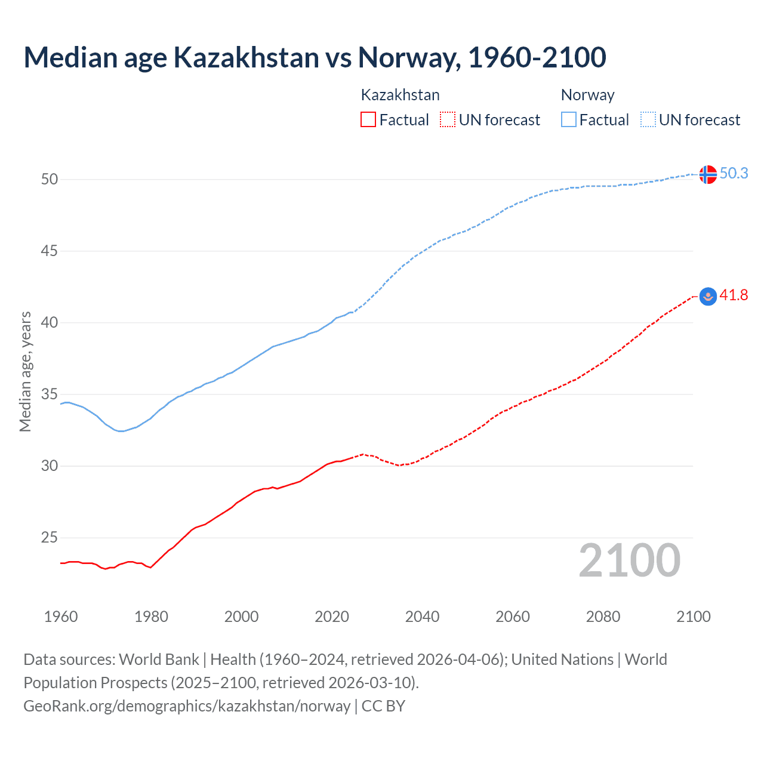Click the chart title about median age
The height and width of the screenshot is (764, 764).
[x=315, y=57]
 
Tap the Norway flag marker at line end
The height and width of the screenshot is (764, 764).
[x=707, y=174]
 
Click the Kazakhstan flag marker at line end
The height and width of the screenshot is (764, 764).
[x=707, y=296]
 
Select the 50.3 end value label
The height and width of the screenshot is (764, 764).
[x=734, y=173]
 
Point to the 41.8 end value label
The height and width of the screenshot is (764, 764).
[x=734, y=295]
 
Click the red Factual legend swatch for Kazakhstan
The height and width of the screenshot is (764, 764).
[x=368, y=120]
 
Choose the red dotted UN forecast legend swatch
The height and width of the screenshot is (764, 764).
[x=448, y=120]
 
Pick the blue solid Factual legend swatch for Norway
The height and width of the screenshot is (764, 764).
[x=569, y=120]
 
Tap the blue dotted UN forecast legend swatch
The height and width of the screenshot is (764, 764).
[x=648, y=120]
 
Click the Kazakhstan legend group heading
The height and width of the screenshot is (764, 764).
[x=400, y=95]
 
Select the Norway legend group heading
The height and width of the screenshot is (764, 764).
[x=587, y=95]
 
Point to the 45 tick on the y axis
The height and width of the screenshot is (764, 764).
[x=50, y=251]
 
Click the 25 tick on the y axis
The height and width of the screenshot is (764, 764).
[x=50, y=538]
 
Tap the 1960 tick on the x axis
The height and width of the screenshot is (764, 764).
[x=61, y=617]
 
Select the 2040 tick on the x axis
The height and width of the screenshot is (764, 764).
[x=422, y=617]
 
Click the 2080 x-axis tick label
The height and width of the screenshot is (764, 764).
[x=603, y=617]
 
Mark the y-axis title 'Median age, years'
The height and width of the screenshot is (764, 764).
[x=25, y=371]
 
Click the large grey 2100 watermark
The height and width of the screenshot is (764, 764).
[x=629, y=560]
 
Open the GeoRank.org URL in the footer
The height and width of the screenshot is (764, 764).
[x=187, y=706]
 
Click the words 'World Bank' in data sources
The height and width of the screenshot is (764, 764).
[x=159, y=660]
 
